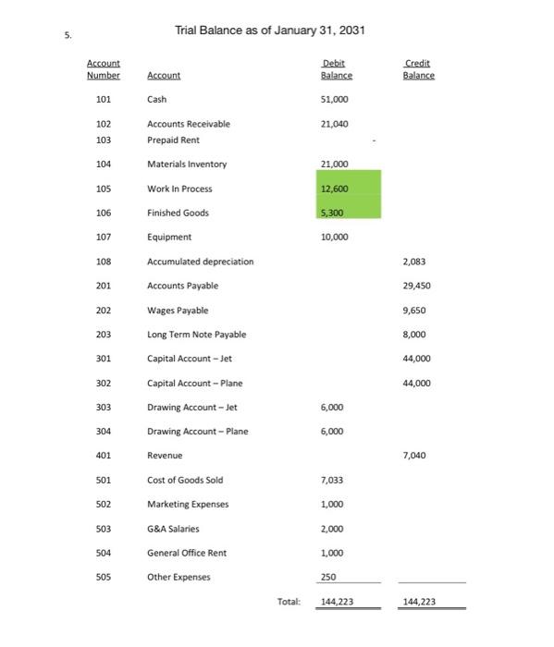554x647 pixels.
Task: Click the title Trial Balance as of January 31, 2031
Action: click(x=270, y=31)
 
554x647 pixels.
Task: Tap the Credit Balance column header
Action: click(x=419, y=68)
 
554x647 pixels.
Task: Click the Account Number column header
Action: click(x=104, y=68)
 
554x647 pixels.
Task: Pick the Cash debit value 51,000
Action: click(x=333, y=99)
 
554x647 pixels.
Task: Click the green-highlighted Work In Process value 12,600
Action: click(x=333, y=189)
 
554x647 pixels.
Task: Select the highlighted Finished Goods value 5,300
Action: click(x=332, y=213)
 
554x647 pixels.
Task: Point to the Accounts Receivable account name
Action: click(x=189, y=123)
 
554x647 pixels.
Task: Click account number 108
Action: click(x=104, y=262)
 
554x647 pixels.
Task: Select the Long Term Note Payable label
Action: click(x=197, y=334)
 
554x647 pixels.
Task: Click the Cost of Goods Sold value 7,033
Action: click(x=331, y=480)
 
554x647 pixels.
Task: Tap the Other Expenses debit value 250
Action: click(x=327, y=577)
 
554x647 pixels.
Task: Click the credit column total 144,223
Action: click(x=419, y=602)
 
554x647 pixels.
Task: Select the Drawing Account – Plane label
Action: click(x=198, y=431)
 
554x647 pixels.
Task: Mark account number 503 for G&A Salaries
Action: click(x=104, y=528)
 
